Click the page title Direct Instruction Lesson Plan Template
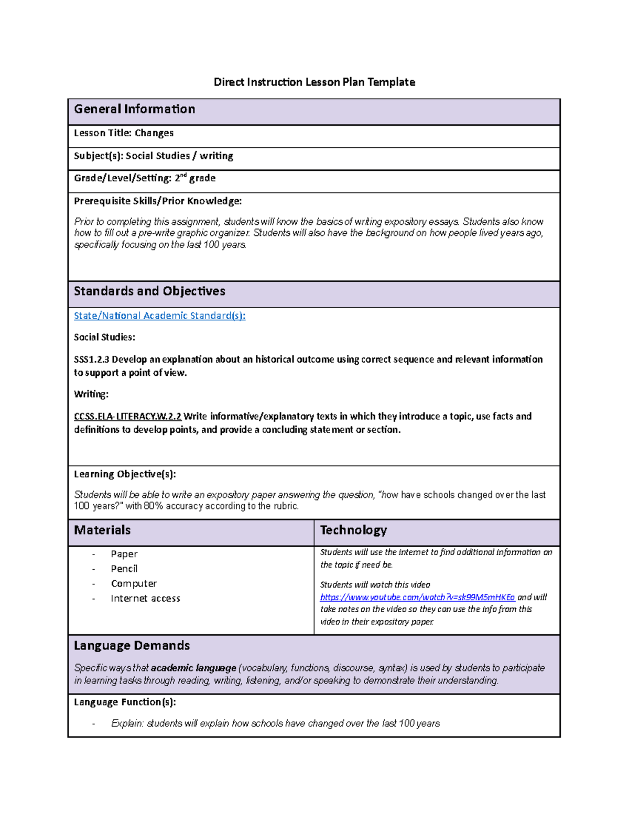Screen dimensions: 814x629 coord(314,82)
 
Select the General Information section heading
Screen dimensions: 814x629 coord(135,109)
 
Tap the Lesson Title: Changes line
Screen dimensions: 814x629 coord(124,133)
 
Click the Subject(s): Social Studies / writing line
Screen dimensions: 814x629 coord(154,156)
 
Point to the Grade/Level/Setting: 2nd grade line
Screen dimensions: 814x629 coord(145,178)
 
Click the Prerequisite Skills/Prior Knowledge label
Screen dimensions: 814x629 coord(158,201)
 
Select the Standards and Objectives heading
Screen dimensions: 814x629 coord(149,291)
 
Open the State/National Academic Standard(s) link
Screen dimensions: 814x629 coord(159,316)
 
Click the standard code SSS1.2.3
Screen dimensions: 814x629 coord(91,360)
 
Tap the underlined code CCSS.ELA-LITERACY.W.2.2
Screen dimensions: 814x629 coord(127,417)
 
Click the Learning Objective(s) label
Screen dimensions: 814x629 coord(125,474)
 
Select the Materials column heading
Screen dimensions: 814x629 coord(102,530)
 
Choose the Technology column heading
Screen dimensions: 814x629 coord(353,530)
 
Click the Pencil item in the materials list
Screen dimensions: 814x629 coord(124,569)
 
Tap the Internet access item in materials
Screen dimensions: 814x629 coord(145,599)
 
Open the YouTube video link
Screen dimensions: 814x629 coord(417,598)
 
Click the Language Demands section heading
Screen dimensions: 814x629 coord(132,646)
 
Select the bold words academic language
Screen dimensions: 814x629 coord(193,668)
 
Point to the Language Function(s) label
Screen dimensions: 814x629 coord(125,702)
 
